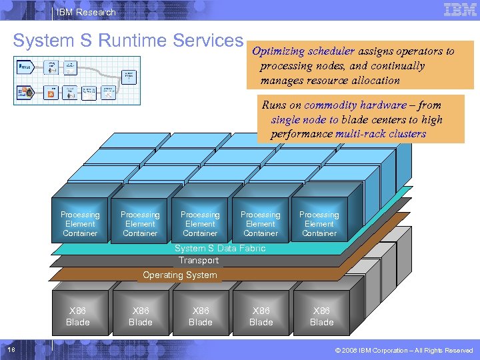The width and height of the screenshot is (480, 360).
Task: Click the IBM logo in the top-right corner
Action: coord(459,10)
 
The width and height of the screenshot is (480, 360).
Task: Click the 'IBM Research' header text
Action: coord(86,12)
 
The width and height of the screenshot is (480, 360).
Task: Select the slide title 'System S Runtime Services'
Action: coord(128,41)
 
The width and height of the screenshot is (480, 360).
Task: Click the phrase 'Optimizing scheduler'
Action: coord(303,51)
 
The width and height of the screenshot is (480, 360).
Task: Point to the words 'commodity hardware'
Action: coord(355,105)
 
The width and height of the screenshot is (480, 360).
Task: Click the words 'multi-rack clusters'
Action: coord(381,134)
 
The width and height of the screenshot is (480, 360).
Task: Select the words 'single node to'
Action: coord(305,120)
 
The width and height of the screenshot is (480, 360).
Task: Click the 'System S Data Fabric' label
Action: coord(220,248)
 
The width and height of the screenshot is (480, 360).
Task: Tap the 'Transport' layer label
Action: coord(199,261)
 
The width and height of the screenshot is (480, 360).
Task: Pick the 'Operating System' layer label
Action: coord(180,275)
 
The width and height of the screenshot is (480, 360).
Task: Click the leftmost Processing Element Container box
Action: coord(80,224)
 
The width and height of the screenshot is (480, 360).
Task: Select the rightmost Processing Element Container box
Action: coord(319,224)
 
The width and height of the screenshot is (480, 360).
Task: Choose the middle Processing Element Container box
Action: coord(200,224)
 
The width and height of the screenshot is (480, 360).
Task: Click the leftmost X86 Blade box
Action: coord(78,317)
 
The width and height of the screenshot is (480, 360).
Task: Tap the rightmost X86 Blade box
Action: coord(321,317)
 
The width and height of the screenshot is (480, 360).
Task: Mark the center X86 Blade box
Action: coord(200,317)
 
